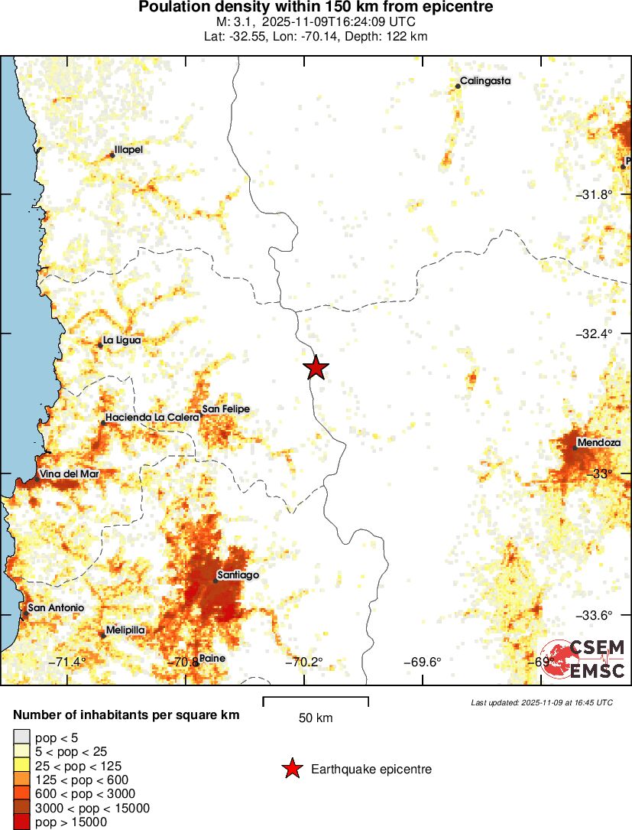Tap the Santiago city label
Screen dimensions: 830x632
238,574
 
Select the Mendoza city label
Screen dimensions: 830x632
594,442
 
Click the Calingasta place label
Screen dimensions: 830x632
485,80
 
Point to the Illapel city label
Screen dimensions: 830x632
128,150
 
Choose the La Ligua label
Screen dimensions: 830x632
122,340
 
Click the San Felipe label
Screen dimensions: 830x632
225,409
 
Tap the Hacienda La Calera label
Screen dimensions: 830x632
153,417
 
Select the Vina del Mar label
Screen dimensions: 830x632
70,474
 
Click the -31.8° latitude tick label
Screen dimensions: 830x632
594,194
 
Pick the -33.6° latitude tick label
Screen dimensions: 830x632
594,614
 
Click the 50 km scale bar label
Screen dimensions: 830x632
316,718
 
